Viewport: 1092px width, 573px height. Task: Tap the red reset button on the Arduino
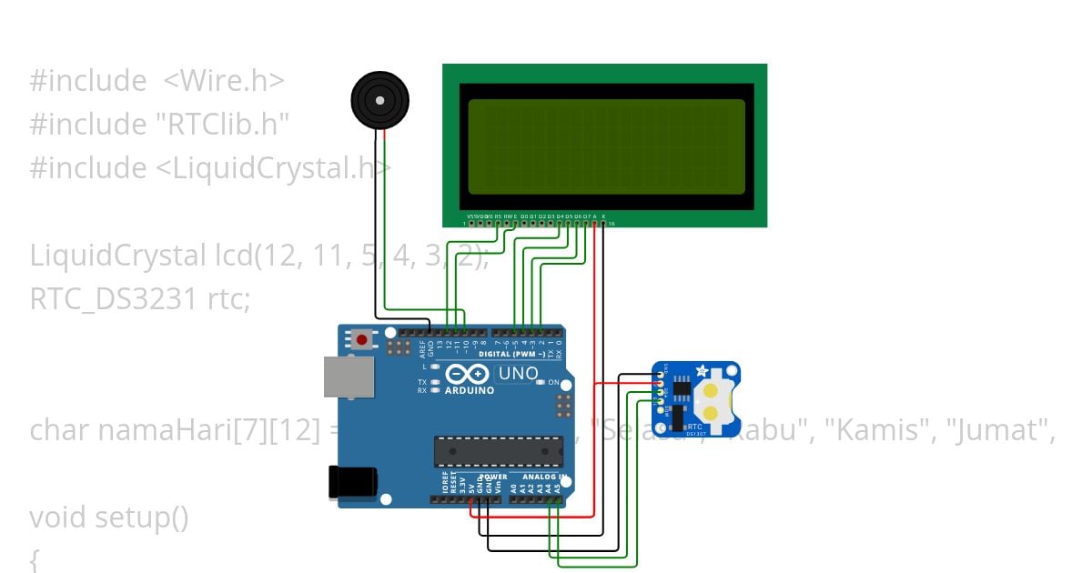point(362,340)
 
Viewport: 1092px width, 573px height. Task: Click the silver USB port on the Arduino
point(349,377)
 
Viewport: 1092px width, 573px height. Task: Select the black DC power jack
point(352,481)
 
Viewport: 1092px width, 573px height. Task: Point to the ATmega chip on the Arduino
point(498,450)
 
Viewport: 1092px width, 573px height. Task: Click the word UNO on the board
point(519,373)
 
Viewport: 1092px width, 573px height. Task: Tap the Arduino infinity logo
point(468,374)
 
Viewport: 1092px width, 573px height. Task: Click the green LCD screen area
point(606,146)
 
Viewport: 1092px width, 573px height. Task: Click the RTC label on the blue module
point(694,426)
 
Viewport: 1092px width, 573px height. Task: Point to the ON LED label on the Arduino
point(553,383)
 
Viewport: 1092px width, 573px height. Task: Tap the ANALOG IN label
point(544,477)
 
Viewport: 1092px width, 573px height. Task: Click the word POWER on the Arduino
point(494,477)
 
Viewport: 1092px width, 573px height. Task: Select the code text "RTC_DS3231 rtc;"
point(140,298)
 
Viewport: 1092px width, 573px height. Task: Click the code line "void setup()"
point(109,518)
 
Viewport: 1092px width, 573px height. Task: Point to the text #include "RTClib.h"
point(159,124)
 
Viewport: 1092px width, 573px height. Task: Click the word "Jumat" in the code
point(1001,430)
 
